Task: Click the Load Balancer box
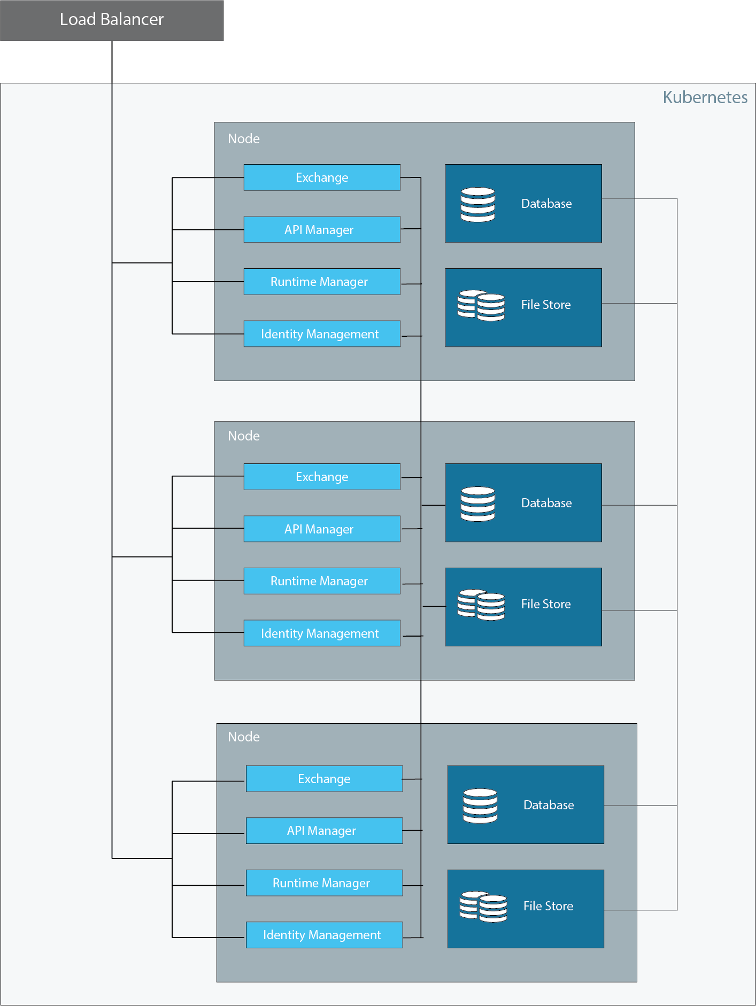[112, 20]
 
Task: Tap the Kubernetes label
[705, 97]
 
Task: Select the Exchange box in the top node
[322, 177]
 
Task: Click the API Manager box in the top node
[322, 230]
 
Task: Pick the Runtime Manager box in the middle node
[322, 581]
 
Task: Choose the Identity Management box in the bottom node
[324, 935]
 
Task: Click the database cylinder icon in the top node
[478, 204]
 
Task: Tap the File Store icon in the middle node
[481, 605]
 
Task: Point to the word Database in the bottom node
[549, 805]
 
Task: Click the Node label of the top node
[244, 139]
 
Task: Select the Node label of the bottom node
[244, 737]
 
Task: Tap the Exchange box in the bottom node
[324, 779]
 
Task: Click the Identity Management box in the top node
[322, 334]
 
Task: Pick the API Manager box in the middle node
[322, 529]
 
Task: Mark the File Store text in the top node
[546, 305]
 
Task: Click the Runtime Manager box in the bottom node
[324, 883]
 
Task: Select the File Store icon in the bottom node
[483, 907]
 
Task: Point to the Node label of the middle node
[244, 436]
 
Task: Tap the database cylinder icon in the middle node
[478, 504]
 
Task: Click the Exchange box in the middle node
[322, 477]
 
